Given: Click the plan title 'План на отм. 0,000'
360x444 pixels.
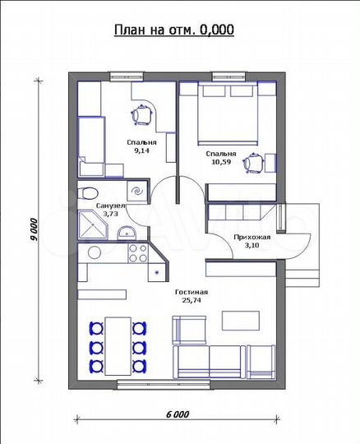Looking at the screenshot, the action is coord(174,30).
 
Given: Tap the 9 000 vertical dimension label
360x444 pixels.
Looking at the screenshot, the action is coord(34,229).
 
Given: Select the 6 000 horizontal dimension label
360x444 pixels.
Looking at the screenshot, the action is coord(178,414).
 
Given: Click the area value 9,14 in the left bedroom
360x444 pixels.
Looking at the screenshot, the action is coord(141,150).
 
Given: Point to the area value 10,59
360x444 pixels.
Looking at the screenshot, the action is coord(221,162).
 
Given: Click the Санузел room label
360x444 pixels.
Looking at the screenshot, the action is coord(110,206).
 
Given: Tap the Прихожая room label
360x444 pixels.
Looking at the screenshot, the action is coord(252,238).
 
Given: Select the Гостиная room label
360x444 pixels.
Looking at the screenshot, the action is coord(192,292).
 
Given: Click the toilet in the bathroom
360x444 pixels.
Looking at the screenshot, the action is coord(88,193).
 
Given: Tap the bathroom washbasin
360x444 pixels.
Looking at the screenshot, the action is coord(127,232).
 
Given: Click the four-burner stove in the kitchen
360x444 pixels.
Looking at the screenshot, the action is coord(138,253).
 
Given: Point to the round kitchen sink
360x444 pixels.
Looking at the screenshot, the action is coord(95,252).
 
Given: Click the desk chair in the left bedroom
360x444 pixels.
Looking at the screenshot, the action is coord(142,115).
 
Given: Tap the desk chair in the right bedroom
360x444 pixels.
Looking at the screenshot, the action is coord(254,163).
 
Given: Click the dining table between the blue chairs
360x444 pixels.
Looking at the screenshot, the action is coord(118,346).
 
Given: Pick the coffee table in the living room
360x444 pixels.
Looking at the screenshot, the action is coord(241,321).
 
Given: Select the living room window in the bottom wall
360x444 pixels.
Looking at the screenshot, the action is coord(164,384).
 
